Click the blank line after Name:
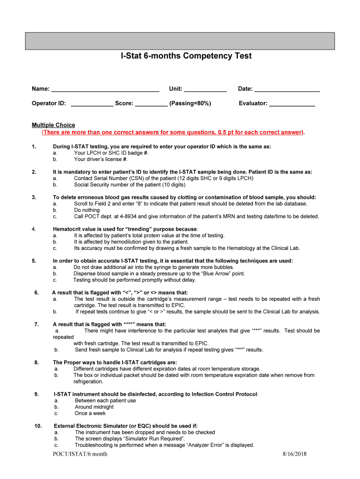[x=105, y=89]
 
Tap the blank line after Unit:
[x=205, y=89]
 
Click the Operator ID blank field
[x=92, y=103]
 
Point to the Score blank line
[x=151, y=103]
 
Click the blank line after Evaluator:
[x=292, y=103]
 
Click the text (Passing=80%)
[x=190, y=103]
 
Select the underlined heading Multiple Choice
[x=53, y=125]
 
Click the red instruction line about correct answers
[x=173, y=132]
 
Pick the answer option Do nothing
[x=86, y=210]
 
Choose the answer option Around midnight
[x=94, y=407]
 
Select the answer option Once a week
[x=90, y=414]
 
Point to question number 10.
[x=38, y=426]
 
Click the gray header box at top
[x=180, y=41]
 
